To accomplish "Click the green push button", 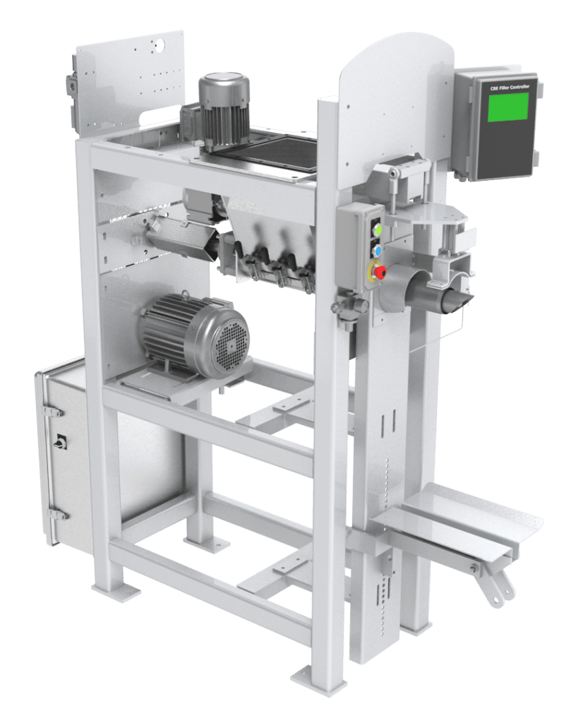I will (377, 230).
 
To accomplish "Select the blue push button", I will (377, 250).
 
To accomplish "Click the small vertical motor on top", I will (224, 106).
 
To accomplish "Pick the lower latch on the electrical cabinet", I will (55, 514).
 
